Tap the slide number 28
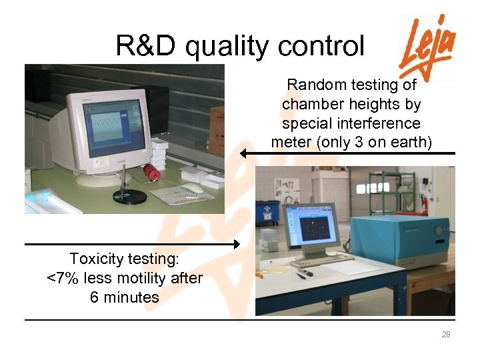(446, 335)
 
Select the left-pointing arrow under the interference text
(347, 153)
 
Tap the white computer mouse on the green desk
(193, 187)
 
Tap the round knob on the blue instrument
(439, 230)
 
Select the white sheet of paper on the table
(352, 267)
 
